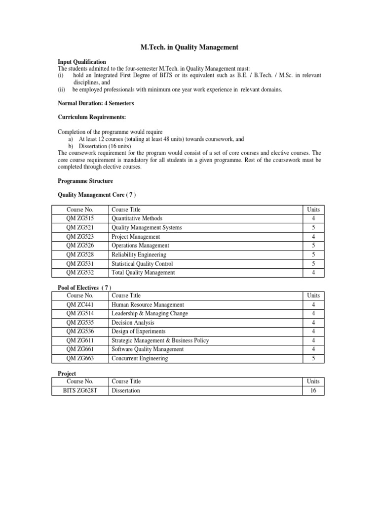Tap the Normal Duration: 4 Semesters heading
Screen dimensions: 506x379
[96, 103]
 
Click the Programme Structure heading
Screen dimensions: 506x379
[85, 181]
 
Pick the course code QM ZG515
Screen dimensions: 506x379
[80, 218]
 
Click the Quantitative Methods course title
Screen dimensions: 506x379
[137, 218]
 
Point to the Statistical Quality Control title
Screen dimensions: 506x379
[142, 264]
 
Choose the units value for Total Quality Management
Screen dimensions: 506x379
[313, 273]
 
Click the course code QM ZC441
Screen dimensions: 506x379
[80, 305]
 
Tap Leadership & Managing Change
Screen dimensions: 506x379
[150, 314]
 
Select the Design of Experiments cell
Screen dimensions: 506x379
[138, 332]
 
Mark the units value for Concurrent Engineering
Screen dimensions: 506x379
[313, 358]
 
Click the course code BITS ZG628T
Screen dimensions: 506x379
[80, 390]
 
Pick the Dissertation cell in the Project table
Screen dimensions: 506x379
[126, 390]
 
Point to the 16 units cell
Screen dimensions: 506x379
[313, 390]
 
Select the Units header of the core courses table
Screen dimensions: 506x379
[313, 210]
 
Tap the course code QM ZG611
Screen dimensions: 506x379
[80, 340]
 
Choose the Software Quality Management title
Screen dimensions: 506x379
[148, 349]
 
